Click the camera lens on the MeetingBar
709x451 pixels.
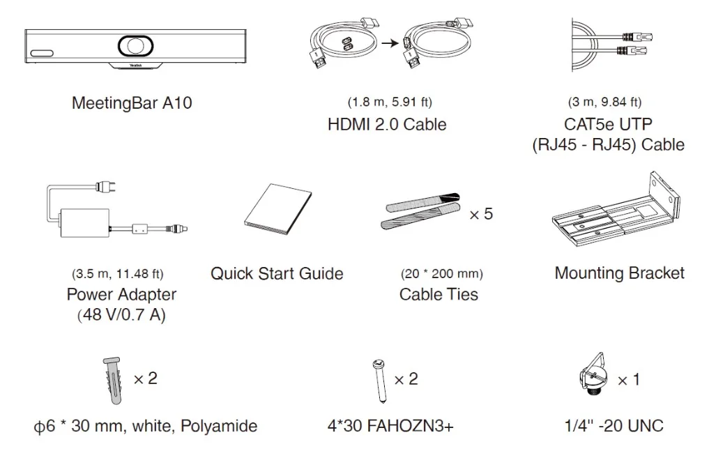pos(134,45)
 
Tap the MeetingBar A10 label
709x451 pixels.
pos(132,104)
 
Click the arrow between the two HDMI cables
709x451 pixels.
pos(388,43)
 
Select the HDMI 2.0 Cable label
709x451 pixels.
pos(387,125)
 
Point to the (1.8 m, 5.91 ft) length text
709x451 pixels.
pos(390,102)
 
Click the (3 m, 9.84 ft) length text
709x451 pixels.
pos(604,102)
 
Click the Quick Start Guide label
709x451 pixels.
pos(277,273)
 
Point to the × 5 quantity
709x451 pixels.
pos(480,214)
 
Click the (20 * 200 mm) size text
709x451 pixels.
pos(442,274)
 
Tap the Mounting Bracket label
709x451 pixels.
pos(619,273)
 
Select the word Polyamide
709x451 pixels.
pos(219,426)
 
